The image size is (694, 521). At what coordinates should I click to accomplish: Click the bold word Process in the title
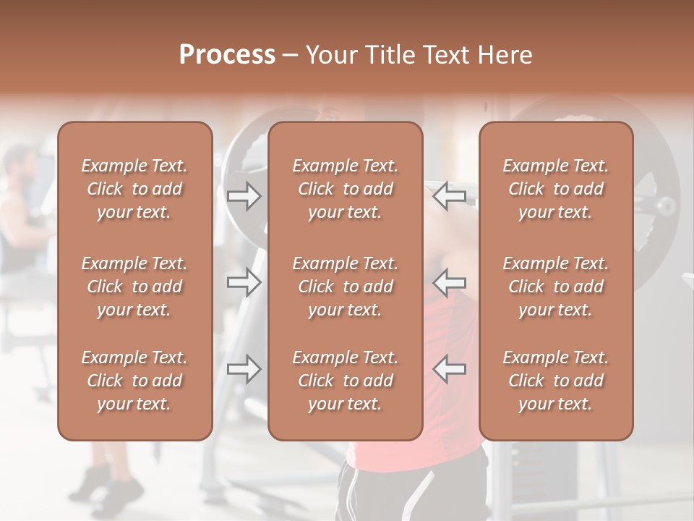227,55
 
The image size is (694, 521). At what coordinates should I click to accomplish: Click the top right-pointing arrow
244,196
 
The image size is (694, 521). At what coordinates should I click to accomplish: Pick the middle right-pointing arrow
244,282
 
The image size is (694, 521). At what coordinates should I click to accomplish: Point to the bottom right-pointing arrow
244,369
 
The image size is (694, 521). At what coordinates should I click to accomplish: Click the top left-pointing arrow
450,196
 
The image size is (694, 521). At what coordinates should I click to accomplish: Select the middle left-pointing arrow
450,282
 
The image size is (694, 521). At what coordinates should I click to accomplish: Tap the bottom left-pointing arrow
450,369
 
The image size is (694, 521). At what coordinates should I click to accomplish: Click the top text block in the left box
134,189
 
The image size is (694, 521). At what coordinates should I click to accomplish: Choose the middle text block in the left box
134,287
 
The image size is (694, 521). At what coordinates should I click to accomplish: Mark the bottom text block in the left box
134,381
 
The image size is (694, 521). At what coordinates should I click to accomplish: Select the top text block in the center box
346,189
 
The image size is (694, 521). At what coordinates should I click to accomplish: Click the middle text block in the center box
346,287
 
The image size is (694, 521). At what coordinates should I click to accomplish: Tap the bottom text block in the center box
346,381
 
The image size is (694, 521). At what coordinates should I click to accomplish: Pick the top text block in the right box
556,189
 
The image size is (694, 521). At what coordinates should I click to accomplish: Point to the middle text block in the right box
556,287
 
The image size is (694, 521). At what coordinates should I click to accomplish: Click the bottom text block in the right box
556,381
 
